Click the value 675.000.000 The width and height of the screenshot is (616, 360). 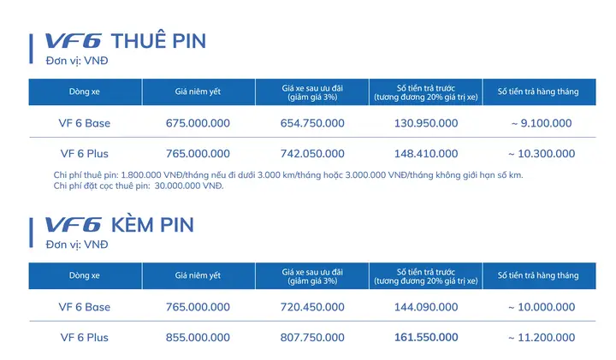[198, 123]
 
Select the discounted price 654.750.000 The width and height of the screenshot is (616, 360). [312, 123]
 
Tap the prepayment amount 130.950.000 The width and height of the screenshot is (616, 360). [426, 123]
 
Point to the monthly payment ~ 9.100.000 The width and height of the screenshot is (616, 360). [541, 123]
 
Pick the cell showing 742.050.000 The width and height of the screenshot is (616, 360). [312, 154]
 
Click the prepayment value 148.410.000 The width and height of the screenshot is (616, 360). [426, 154]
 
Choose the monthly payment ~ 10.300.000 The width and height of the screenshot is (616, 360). [541, 154]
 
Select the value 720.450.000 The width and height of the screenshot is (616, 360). [312, 307]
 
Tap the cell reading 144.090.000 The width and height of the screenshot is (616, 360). [426, 307]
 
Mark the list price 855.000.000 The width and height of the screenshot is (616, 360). [198, 338]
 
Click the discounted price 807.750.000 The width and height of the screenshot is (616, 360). [312, 338]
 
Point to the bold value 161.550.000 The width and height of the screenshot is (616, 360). [426, 338]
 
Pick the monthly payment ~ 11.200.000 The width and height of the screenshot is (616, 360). [541, 338]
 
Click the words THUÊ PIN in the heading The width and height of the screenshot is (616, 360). [159, 41]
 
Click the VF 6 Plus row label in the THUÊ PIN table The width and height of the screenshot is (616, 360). [85, 154]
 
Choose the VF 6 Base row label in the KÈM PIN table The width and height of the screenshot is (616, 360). [85, 307]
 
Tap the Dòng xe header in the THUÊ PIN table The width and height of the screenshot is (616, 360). [85, 91]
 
